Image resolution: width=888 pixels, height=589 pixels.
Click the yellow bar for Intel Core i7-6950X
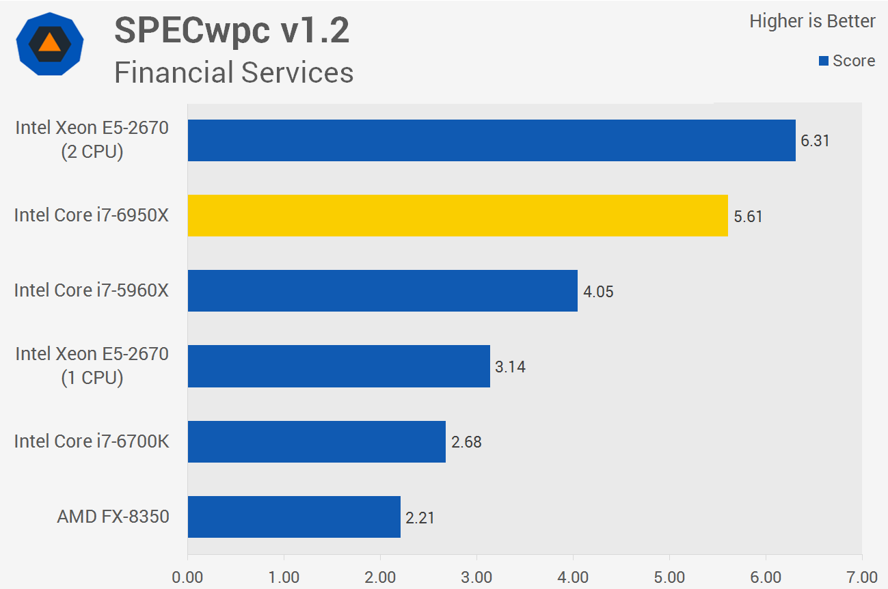click(457, 216)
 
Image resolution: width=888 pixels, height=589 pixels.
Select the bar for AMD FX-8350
click(294, 517)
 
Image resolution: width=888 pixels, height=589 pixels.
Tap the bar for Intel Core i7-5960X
click(382, 291)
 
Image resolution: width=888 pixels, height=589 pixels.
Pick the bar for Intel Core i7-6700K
click(317, 441)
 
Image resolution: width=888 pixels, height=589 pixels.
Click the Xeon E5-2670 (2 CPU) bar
click(492, 141)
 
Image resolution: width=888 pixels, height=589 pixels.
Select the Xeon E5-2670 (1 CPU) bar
click(338, 366)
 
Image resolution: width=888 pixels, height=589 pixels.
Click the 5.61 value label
click(749, 217)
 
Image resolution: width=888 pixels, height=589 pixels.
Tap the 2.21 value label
click(420, 518)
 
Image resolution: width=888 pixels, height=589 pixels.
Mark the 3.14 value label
click(510, 367)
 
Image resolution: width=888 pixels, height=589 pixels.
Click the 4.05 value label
click(598, 292)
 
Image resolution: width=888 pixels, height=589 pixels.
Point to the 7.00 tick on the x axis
click(862, 577)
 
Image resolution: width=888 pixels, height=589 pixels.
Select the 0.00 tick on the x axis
click(187, 577)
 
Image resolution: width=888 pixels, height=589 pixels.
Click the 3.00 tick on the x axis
click(476, 577)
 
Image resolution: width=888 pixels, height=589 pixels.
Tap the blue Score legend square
click(824, 61)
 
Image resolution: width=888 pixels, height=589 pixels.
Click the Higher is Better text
click(812, 21)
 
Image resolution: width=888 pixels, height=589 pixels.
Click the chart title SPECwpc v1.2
click(232, 31)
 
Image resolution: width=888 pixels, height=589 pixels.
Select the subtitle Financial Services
click(234, 72)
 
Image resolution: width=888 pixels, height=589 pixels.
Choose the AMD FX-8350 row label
click(113, 516)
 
